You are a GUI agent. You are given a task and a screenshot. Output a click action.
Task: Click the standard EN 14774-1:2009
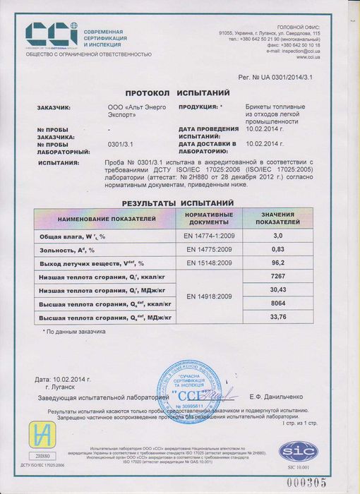[208, 235]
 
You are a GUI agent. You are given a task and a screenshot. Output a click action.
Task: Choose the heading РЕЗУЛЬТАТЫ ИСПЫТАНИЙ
[173, 203]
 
